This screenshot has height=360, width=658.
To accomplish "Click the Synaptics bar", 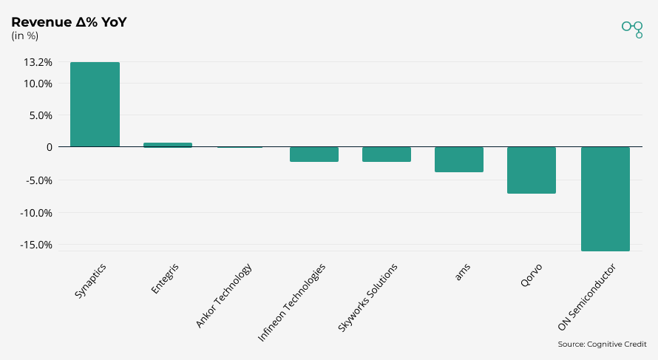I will pos(95,104).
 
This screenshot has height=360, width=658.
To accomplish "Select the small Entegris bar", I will pos(167,145).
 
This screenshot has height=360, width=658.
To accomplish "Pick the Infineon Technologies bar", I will pos(313,154).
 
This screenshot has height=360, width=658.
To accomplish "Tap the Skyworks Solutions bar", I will pos(386,154).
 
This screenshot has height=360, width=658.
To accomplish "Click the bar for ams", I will pos(458,160).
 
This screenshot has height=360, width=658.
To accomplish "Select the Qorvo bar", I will pos(531,170).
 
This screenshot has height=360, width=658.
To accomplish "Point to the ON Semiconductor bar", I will pos(605,199).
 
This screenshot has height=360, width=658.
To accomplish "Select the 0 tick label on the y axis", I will pos(49,147).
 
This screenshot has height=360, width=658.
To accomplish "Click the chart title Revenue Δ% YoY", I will pos(69,22).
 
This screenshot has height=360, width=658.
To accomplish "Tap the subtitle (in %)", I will pos(25,36).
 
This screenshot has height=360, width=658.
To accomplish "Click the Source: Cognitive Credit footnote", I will pos(602,344).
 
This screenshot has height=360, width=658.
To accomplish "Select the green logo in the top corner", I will pos(632,29).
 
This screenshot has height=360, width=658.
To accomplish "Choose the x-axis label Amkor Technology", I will pos(224,296).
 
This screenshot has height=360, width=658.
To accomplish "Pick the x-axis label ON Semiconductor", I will pos(587,297).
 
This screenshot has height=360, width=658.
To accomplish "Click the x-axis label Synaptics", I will pos(91,281).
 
